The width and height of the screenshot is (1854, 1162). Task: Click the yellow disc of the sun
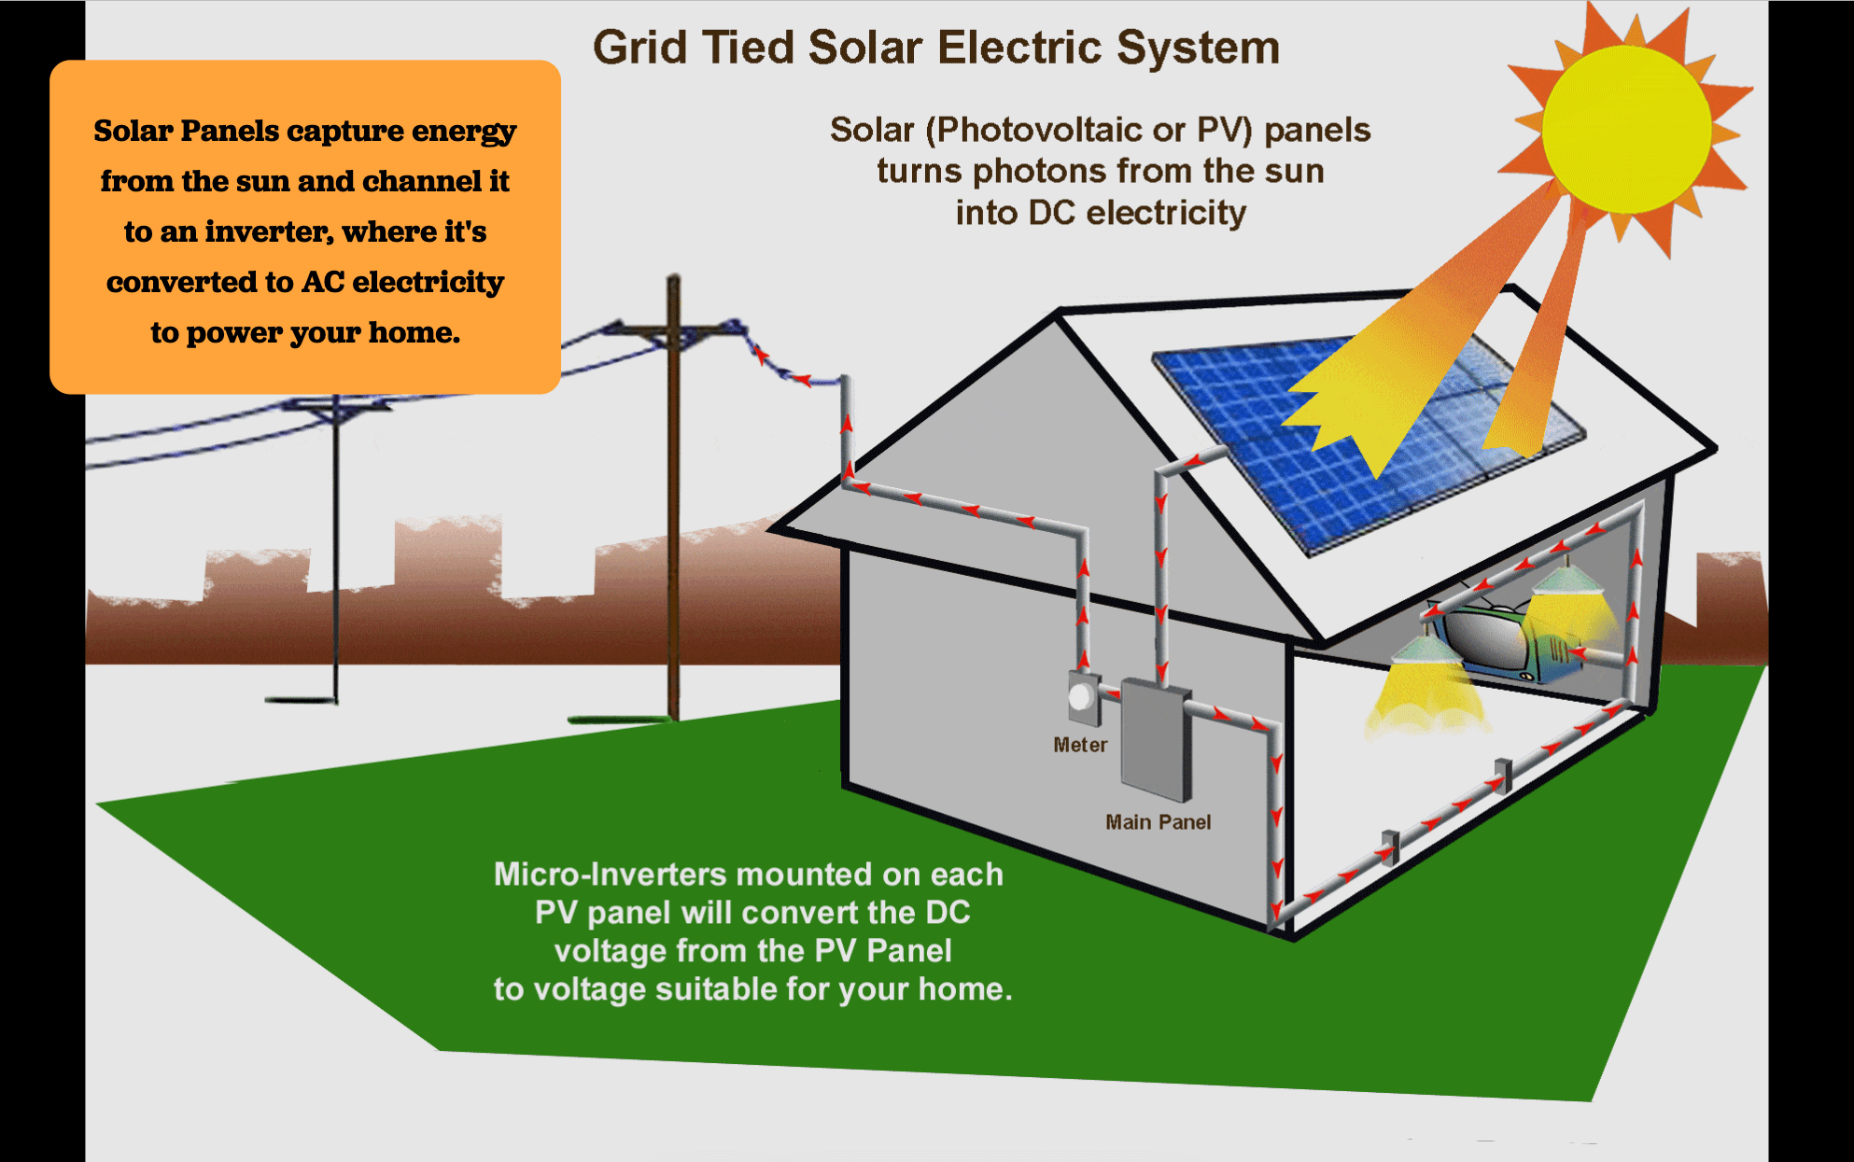pyautogui.click(x=1625, y=129)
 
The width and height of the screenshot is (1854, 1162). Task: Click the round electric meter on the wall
pyautogui.click(x=1081, y=697)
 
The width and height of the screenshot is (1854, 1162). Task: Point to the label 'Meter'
pyautogui.click(x=1080, y=745)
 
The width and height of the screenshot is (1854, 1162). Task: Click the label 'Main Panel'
pyautogui.click(x=1158, y=822)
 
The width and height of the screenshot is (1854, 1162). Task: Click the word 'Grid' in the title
pyautogui.click(x=639, y=48)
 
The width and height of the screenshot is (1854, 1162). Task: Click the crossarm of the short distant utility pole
pyautogui.click(x=336, y=406)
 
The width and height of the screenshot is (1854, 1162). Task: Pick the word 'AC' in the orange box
pyautogui.click(x=323, y=282)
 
